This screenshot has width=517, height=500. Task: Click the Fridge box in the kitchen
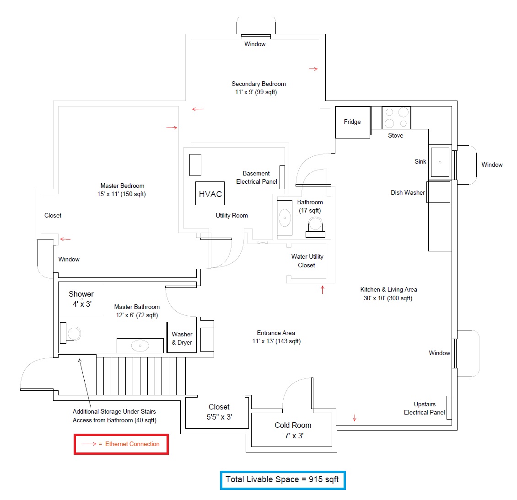click(x=352, y=122)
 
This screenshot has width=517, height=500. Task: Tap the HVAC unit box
click(x=210, y=193)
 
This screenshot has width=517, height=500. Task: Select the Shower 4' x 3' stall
click(x=81, y=299)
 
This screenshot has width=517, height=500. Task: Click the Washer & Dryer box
click(x=182, y=338)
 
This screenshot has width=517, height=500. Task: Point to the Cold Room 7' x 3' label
click(x=293, y=430)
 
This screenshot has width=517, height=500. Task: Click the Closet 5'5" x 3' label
click(x=219, y=412)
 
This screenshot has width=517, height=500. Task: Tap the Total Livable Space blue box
click(x=283, y=480)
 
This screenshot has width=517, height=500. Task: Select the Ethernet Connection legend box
click(x=121, y=444)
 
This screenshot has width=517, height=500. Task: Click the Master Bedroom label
click(x=122, y=190)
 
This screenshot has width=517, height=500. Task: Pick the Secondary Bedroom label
click(x=258, y=88)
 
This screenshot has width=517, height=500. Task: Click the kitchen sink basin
click(x=440, y=162)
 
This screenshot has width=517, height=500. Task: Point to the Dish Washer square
click(x=439, y=192)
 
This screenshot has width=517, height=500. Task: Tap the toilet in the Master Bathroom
click(x=70, y=333)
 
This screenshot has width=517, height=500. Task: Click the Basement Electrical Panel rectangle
click(x=282, y=177)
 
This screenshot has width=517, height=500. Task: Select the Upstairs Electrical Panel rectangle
click(x=449, y=407)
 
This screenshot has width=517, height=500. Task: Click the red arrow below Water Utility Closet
click(x=323, y=289)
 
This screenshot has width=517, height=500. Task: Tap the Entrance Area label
click(x=276, y=337)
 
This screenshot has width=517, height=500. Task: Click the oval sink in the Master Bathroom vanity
click(x=140, y=346)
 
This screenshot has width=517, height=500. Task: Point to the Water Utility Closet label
click(x=307, y=261)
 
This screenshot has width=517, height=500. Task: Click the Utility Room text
click(x=232, y=215)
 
